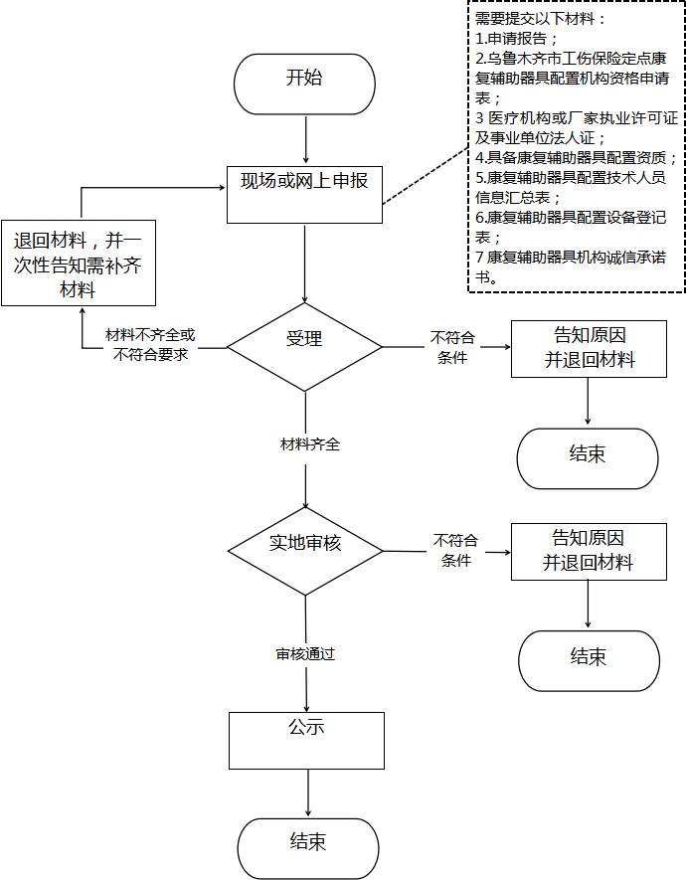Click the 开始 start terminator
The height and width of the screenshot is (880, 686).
point(304,85)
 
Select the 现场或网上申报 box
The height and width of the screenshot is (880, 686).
point(304,195)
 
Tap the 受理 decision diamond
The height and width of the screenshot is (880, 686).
point(304,347)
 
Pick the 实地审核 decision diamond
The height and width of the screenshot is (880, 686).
point(305,551)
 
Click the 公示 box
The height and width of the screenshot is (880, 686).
point(306,741)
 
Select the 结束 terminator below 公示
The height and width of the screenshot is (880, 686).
point(308,848)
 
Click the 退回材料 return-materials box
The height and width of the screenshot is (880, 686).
point(79,263)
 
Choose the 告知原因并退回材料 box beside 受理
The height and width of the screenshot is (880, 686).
point(589,349)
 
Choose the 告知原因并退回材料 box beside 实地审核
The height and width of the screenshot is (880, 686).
point(589,552)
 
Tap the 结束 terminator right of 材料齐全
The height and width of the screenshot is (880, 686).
point(588,458)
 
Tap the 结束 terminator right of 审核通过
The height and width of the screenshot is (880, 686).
point(589,660)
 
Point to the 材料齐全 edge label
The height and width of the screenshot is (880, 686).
point(310,444)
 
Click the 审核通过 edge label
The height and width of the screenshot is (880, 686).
point(305,654)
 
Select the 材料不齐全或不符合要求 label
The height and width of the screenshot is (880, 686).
point(150,345)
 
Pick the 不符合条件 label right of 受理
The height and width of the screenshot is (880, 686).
point(452,347)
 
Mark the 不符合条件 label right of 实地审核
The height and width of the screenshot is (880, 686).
point(455,550)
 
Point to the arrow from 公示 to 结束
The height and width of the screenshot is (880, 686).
point(308,793)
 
